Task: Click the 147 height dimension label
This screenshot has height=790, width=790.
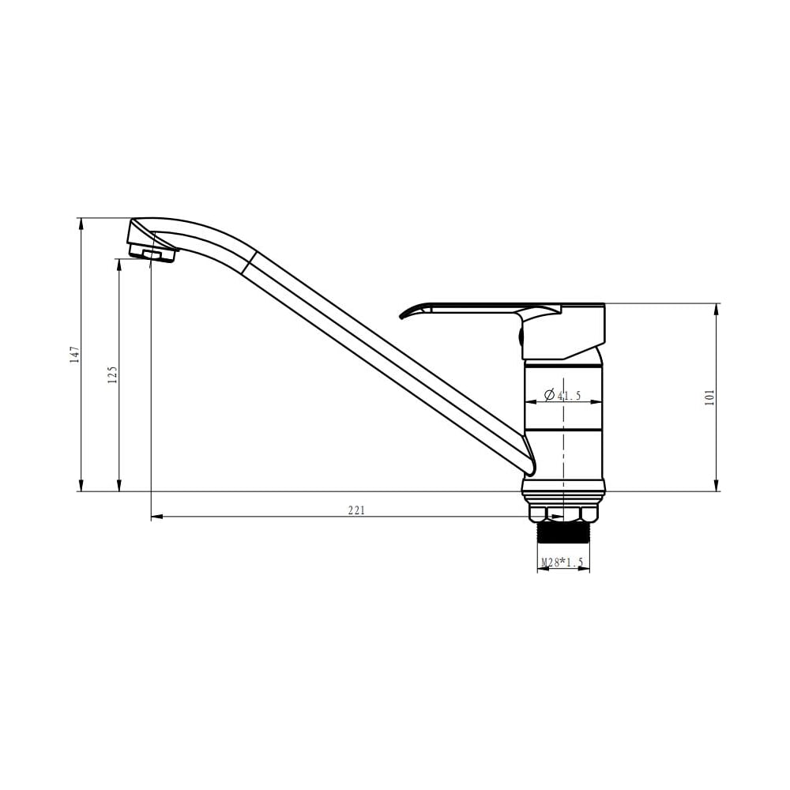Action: pyautogui.click(x=74, y=354)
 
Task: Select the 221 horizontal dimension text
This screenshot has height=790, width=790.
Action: pyautogui.click(x=356, y=510)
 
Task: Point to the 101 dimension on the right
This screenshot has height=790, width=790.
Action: pyautogui.click(x=710, y=397)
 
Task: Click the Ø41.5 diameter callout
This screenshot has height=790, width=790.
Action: pyautogui.click(x=562, y=395)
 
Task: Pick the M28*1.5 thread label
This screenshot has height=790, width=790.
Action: pyautogui.click(x=562, y=562)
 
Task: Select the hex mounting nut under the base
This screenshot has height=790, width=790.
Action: pyautogui.click(x=562, y=513)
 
